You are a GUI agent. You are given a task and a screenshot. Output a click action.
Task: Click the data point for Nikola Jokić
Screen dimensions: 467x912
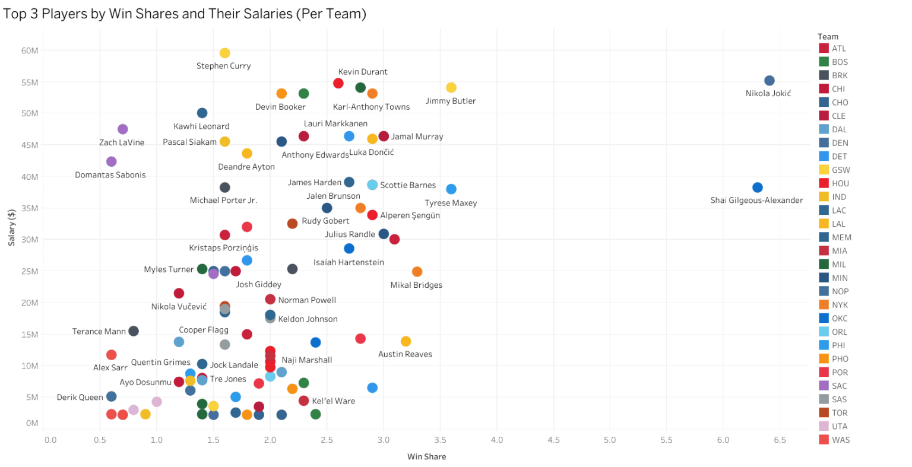click(x=769, y=81)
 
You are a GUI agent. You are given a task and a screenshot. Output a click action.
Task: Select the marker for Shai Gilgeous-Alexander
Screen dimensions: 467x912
click(x=757, y=188)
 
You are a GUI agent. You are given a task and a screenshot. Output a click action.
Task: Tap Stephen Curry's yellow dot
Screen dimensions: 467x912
click(x=224, y=53)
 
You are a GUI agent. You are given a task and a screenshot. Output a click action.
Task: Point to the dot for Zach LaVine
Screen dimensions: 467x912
click(x=122, y=129)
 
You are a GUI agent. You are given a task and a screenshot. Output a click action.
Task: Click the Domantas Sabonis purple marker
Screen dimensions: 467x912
click(x=111, y=162)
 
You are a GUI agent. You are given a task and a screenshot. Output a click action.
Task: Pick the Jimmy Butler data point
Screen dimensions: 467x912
click(x=451, y=88)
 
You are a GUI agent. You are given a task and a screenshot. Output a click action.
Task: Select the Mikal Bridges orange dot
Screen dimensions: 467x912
click(x=417, y=272)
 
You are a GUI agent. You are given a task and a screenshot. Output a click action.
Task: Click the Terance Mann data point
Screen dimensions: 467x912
click(x=134, y=331)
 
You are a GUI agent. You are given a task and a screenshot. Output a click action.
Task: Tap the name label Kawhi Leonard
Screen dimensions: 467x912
click(x=201, y=126)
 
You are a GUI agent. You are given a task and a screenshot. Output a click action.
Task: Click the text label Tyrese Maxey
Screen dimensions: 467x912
click(x=451, y=203)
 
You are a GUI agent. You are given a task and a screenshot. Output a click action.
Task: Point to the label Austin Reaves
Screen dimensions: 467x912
click(x=405, y=354)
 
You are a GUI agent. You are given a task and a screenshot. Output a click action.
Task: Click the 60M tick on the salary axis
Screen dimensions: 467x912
click(x=30, y=51)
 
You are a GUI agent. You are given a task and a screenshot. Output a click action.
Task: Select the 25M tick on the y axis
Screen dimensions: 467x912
click(x=30, y=272)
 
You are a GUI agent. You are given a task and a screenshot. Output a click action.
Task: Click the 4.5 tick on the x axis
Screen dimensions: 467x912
click(x=553, y=440)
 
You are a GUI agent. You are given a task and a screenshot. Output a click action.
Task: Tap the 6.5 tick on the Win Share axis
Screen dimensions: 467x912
click(x=780, y=440)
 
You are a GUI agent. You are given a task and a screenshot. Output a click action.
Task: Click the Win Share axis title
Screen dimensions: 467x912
click(x=426, y=457)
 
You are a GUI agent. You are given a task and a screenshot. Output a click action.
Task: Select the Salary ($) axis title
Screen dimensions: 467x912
click(x=12, y=228)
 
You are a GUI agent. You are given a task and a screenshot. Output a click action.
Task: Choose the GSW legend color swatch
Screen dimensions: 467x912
click(x=824, y=170)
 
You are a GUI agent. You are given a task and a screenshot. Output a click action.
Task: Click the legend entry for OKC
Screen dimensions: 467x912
click(x=840, y=319)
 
